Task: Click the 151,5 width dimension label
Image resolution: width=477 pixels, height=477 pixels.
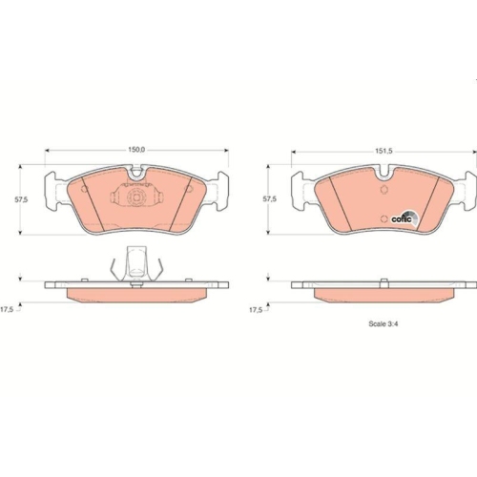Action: [x=382, y=150]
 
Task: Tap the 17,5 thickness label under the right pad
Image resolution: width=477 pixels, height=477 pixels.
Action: [x=257, y=309]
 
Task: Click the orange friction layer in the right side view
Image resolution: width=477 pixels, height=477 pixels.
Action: [x=382, y=294]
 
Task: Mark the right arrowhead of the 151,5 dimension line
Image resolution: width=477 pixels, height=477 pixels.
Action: [x=468, y=150]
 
